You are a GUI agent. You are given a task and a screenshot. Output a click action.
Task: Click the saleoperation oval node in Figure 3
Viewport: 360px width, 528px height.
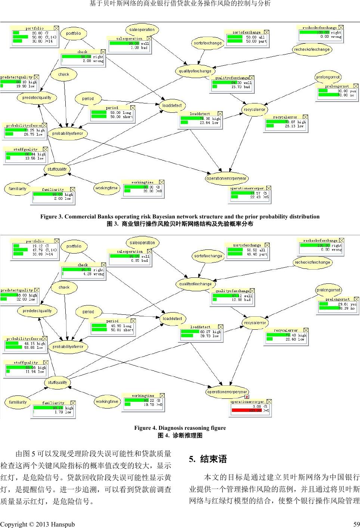[x=142, y=29]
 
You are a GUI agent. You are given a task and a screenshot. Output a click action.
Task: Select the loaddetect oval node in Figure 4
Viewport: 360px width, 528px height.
[x=172, y=319]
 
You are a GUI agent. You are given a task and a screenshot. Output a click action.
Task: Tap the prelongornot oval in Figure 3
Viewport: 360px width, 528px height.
[x=328, y=77]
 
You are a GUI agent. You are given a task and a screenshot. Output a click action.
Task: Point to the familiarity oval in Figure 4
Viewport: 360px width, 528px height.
[x=18, y=402]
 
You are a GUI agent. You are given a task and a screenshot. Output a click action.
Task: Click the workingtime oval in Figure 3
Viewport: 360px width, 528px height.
[x=107, y=188]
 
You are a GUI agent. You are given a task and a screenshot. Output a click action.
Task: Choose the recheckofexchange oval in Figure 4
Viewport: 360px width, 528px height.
[x=312, y=262]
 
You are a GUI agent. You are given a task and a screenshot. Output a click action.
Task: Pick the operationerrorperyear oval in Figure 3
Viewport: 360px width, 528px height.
[x=226, y=178]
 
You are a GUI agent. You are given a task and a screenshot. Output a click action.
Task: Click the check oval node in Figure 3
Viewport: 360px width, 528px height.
[x=64, y=74]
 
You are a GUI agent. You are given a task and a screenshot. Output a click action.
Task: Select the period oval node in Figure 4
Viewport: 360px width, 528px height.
[x=88, y=312]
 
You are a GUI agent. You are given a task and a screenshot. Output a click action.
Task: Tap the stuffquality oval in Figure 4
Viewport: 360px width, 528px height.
[x=57, y=382]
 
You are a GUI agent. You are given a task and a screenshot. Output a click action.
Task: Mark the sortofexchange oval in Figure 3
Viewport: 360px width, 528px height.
[x=208, y=43]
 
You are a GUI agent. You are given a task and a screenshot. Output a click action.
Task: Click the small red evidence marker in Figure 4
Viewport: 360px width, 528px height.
[x=247, y=397]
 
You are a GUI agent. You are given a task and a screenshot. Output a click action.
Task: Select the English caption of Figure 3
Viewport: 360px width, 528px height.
[x=180, y=217]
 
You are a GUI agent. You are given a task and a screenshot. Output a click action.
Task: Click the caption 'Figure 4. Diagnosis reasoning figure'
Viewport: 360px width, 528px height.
[x=180, y=428]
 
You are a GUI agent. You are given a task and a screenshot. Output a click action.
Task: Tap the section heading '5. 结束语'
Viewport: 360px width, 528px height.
[x=208, y=459]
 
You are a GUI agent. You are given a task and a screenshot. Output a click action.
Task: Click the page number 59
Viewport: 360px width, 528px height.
[x=356, y=524]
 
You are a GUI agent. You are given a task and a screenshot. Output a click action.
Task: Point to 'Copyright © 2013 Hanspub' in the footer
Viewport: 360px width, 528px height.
[x=37, y=524]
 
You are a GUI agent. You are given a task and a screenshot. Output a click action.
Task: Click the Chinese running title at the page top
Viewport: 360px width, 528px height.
[x=180, y=4]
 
